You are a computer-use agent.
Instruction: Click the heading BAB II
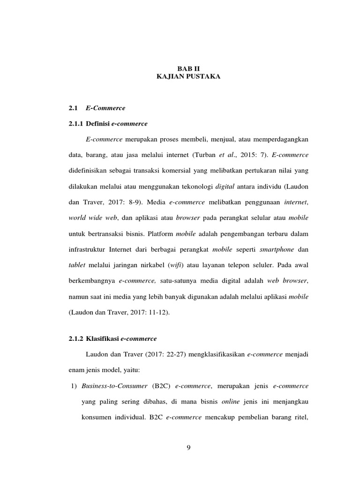(x=188, y=67)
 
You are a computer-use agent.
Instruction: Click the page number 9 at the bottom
(x=188, y=447)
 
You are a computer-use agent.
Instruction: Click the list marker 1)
(x=73, y=386)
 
